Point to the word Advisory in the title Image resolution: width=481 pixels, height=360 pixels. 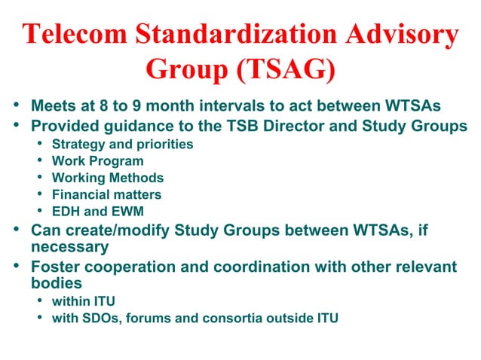404,36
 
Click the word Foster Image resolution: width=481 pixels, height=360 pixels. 54,267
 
